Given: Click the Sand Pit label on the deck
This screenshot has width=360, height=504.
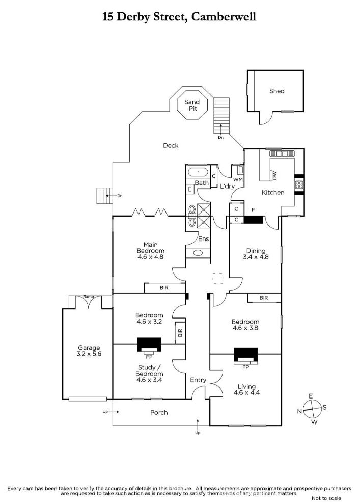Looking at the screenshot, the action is (x=192, y=105).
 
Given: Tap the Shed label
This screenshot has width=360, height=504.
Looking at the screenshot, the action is (x=277, y=91).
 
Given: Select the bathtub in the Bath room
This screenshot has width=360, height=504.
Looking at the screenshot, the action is (x=198, y=172).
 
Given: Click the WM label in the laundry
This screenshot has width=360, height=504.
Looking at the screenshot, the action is (x=238, y=180).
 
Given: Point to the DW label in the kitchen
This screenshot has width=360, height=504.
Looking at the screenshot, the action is (x=274, y=175).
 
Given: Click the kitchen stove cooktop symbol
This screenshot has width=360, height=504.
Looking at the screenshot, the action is (x=299, y=184).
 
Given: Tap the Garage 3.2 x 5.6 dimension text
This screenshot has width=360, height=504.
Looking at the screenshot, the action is (x=89, y=354).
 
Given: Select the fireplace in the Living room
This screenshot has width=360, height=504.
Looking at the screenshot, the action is (x=245, y=356).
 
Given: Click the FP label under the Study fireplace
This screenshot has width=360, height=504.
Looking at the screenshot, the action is (x=149, y=357).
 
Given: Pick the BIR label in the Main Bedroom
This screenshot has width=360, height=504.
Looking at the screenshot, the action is (x=164, y=288).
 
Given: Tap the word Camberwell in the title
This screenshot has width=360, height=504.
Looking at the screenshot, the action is (x=223, y=16).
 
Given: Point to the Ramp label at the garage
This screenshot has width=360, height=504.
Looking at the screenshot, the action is (x=88, y=297).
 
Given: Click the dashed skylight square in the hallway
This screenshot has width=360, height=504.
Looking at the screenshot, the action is (x=218, y=278).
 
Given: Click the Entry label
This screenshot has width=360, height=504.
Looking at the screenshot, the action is (x=198, y=380).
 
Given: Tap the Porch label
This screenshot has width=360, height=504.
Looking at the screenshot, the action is (x=159, y=412).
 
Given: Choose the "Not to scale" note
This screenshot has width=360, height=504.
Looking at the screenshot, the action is (x=326, y=498).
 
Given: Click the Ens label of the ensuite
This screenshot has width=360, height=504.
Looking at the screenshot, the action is (x=204, y=239).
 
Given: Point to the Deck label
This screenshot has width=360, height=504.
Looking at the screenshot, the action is (x=171, y=146).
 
